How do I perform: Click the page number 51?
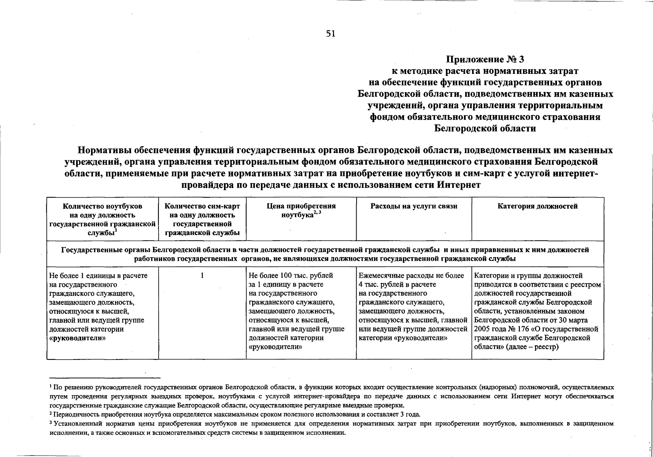[x=331, y=34]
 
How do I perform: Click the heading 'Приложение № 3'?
[x=485, y=59]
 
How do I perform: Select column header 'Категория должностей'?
[x=538, y=206]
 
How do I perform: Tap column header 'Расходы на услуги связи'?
[x=414, y=206]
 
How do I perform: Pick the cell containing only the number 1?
[x=202, y=275]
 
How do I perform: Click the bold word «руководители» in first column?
[x=77, y=338]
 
